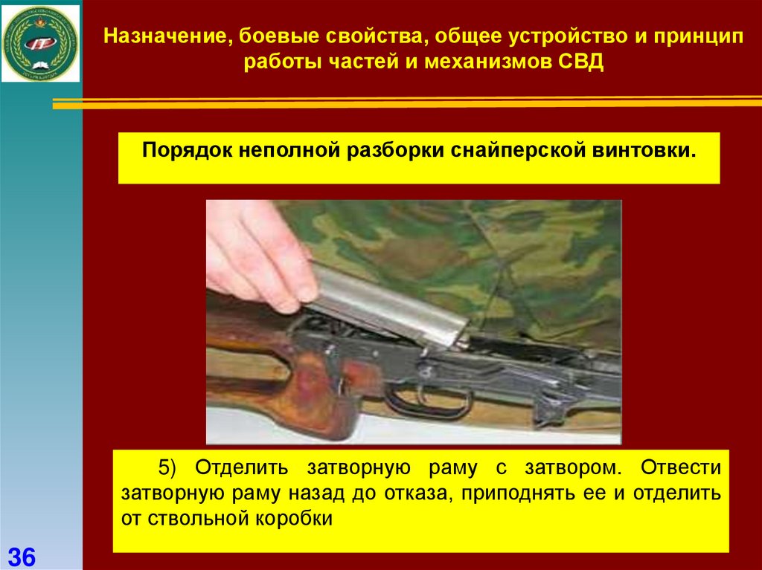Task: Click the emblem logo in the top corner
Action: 40,44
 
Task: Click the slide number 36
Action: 22,557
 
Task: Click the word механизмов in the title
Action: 488,62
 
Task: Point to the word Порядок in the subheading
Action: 187,151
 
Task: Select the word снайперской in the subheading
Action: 518,151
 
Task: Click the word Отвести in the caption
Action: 680,467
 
